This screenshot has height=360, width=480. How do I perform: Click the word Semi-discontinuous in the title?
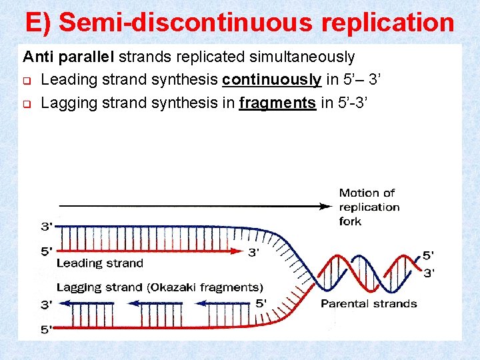[x=186, y=22]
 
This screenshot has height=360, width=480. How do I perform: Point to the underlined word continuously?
[x=271, y=80]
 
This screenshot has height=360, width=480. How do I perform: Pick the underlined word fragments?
[x=277, y=103]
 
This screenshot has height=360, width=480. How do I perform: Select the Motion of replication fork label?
[x=369, y=207]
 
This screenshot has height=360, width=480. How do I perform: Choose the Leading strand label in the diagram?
[x=100, y=263]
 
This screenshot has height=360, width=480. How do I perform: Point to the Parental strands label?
[x=369, y=304]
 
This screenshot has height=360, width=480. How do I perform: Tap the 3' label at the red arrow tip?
[x=254, y=252]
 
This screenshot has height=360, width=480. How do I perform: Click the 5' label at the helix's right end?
[x=429, y=255]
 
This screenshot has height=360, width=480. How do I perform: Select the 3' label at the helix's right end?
[x=429, y=273]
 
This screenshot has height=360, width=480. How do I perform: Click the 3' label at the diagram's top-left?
[x=47, y=227]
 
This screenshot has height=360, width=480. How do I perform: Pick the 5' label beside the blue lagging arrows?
[x=261, y=303]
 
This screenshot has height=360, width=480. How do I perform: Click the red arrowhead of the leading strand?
[x=239, y=252]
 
